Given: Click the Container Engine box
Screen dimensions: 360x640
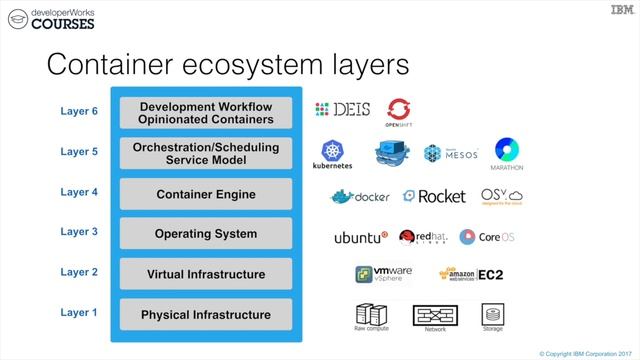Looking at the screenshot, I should (x=206, y=194).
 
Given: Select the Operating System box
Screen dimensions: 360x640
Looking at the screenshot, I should (x=206, y=234).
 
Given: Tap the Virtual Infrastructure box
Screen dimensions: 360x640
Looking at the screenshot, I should (x=206, y=274).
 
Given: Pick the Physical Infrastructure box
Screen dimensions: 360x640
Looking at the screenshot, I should (x=206, y=314).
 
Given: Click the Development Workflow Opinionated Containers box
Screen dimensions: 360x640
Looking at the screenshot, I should (x=206, y=113).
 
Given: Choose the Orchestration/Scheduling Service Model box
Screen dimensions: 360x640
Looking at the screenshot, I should (x=206, y=153).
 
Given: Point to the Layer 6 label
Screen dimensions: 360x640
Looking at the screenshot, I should (x=79, y=111).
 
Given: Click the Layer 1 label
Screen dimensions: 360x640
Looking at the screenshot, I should (x=79, y=312).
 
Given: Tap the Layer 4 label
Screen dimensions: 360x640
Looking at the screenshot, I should (x=79, y=191).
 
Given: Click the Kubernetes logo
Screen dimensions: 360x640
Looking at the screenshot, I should (x=332, y=155).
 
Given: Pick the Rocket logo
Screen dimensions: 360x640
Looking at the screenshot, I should (x=434, y=196).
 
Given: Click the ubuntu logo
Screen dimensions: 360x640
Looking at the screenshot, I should (x=361, y=237).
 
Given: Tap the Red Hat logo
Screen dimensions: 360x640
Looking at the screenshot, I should (x=420, y=237).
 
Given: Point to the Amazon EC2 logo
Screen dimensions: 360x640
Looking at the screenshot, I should (x=470, y=274).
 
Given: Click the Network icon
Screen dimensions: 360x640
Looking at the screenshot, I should (x=435, y=315).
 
